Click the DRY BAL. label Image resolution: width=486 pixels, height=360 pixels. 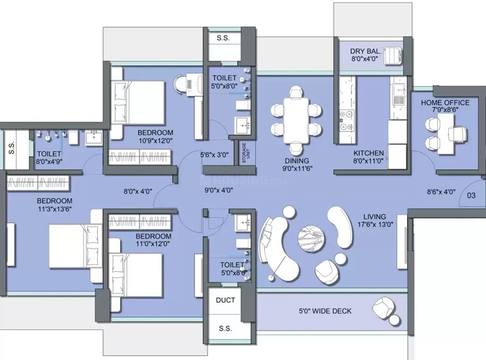pyautogui.click(x=365, y=50)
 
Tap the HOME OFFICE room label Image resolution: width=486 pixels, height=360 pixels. pyautogui.click(x=445, y=102)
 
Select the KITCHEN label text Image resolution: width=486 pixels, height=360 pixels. pyautogui.click(x=368, y=154)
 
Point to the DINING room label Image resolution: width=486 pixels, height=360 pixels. pyautogui.click(x=296, y=160)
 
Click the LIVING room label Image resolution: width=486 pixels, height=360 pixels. pyautogui.click(x=375, y=217)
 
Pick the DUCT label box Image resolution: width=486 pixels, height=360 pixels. pyautogui.click(x=225, y=301)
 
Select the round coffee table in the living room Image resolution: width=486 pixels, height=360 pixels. pyautogui.click(x=311, y=237)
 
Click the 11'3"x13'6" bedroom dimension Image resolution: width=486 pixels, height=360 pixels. pyautogui.click(x=54, y=210)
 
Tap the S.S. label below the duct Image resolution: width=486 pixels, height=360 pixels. pyautogui.click(x=225, y=328)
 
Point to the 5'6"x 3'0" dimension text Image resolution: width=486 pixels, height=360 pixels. pyautogui.click(x=213, y=155)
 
